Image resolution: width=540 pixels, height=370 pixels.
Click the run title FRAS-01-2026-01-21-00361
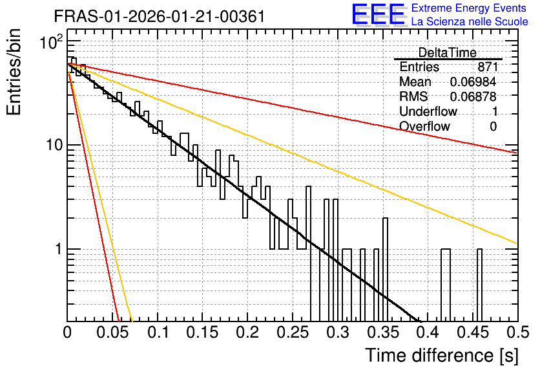click(x=160, y=16)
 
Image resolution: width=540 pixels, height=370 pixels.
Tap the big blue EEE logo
click(x=379, y=14)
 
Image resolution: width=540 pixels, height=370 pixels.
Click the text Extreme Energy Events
click(x=469, y=8)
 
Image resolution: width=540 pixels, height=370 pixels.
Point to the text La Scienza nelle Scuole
click(x=470, y=22)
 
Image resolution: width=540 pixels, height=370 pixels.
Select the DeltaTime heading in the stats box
click(x=448, y=52)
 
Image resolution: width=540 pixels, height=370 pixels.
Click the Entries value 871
click(x=488, y=67)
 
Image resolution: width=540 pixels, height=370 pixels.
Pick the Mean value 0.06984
click(x=473, y=82)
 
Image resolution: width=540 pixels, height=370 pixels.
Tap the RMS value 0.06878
click(x=473, y=96)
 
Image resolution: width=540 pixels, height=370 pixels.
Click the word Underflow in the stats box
click(x=428, y=111)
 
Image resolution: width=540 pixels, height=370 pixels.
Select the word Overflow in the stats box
click(x=424, y=126)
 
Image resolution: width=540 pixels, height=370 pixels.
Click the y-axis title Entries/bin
click(x=14, y=72)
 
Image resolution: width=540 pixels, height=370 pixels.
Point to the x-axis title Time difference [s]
click(x=442, y=355)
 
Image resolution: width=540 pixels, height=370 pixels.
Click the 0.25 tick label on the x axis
click(x=293, y=332)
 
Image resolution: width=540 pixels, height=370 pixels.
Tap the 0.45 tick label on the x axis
click(x=473, y=332)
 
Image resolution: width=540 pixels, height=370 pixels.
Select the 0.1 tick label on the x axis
click(x=158, y=332)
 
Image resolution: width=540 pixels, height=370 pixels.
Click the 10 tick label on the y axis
click(x=54, y=145)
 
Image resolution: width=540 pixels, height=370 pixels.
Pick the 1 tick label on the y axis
click(x=58, y=249)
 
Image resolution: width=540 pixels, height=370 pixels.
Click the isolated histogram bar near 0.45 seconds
click(x=480, y=285)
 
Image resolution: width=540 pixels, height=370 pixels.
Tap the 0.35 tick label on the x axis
click(x=382, y=332)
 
